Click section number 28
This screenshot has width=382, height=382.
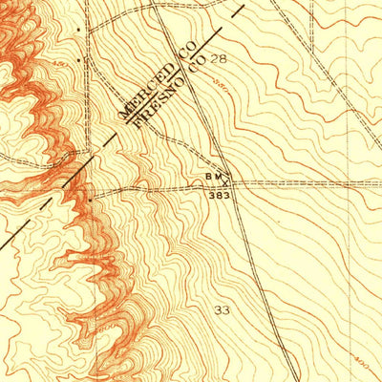221,59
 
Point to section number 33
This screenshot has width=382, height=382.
223,311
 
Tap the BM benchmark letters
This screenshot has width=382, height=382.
213,177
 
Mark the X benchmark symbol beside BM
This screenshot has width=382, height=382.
227,179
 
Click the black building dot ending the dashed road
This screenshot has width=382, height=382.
89,199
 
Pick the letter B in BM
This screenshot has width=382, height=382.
208,177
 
